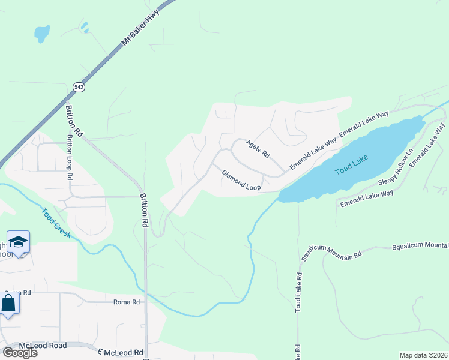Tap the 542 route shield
click(x=79, y=87)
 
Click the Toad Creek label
click(x=56, y=223)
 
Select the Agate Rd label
click(x=257, y=149)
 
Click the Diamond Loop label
click(x=241, y=180)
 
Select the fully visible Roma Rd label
click(x=127, y=302)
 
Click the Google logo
click(x=19, y=352)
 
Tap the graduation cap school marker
click(x=19, y=242)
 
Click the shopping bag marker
click(x=9, y=303)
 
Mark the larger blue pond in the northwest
click(x=41, y=34)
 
